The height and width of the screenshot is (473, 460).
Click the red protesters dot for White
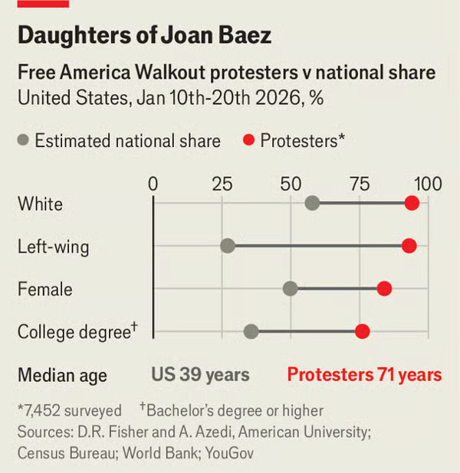pos(412,203)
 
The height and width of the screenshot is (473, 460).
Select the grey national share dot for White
pos(312,203)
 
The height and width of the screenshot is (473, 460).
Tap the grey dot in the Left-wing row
pos(228,246)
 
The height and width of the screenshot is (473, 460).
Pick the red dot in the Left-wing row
pos(409,246)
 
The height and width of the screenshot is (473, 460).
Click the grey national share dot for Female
pos(290,289)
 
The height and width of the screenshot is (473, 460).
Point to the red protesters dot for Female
pos(384,289)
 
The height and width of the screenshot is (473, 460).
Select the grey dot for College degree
pos(251,331)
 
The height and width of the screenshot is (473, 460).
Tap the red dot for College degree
pos(362,331)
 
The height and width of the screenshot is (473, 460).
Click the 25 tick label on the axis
pos(222,184)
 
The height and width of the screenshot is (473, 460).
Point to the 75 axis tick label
pos(360,184)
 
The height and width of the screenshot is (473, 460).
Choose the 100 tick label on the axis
pos(428,184)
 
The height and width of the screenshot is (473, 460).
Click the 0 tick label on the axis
pos(153,184)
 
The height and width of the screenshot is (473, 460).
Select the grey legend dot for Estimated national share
pos(24,141)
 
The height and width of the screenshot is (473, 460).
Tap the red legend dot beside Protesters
pos(248,141)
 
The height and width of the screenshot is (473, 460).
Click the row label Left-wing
pos(53,246)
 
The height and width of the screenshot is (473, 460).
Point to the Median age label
pos(62,375)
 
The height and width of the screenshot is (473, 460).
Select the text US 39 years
pos(200,375)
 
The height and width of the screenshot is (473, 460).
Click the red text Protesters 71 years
pos(364,375)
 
